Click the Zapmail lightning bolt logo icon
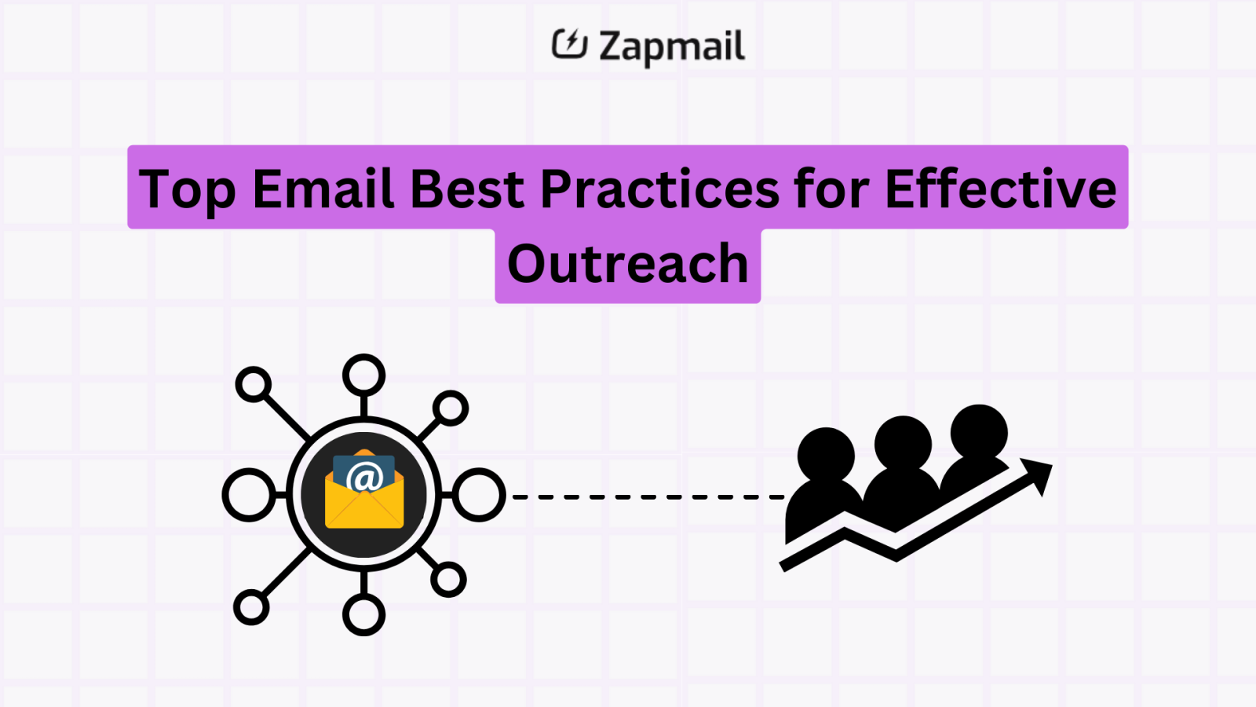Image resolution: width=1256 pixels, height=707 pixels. pyautogui.click(x=569, y=44)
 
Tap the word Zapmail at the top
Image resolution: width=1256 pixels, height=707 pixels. pyautogui.click(x=671, y=47)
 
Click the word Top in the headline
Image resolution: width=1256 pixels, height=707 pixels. pyautogui.click(x=188, y=190)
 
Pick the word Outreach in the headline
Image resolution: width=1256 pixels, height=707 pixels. pyautogui.click(x=628, y=264)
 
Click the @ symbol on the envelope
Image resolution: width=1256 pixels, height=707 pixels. pyautogui.click(x=364, y=477)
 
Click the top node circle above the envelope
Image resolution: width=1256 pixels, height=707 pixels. pyautogui.click(x=363, y=375)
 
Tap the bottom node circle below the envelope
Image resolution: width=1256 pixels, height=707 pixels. pyautogui.click(x=363, y=614)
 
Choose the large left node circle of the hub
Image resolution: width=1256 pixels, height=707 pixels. pyautogui.click(x=249, y=495)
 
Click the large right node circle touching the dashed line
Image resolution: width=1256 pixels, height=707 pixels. pyautogui.click(x=479, y=495)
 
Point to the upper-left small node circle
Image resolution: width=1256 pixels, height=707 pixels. pyautogui.click(x=254, y=385)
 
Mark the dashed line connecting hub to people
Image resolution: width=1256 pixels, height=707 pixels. pyautogui.click(x=648, y=496)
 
